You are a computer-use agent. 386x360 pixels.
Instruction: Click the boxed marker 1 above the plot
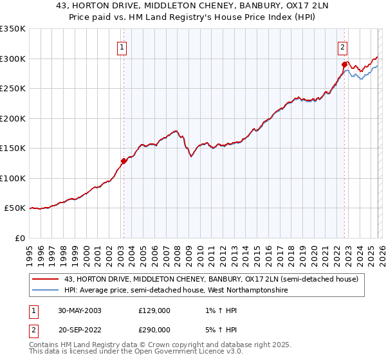tap(122, 46)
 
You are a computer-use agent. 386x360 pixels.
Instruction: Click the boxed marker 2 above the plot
tap(343, 46)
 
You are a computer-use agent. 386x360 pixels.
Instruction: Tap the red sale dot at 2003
tap(124, 161)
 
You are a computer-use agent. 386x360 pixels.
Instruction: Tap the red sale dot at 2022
tap(344, 64)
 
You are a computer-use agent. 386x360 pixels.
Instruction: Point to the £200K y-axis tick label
tap(13, 118)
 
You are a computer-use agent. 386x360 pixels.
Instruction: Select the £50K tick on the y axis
tap(15, 208)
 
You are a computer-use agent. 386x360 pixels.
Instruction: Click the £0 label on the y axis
tap(21, 238)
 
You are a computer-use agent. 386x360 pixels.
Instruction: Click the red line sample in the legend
tap(45, 279)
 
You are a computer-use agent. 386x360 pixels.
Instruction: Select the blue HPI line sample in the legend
tap(45, 291)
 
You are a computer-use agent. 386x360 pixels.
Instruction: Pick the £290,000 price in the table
tap(154, 329)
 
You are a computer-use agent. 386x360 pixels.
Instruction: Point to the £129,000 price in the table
tap(154, 310)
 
